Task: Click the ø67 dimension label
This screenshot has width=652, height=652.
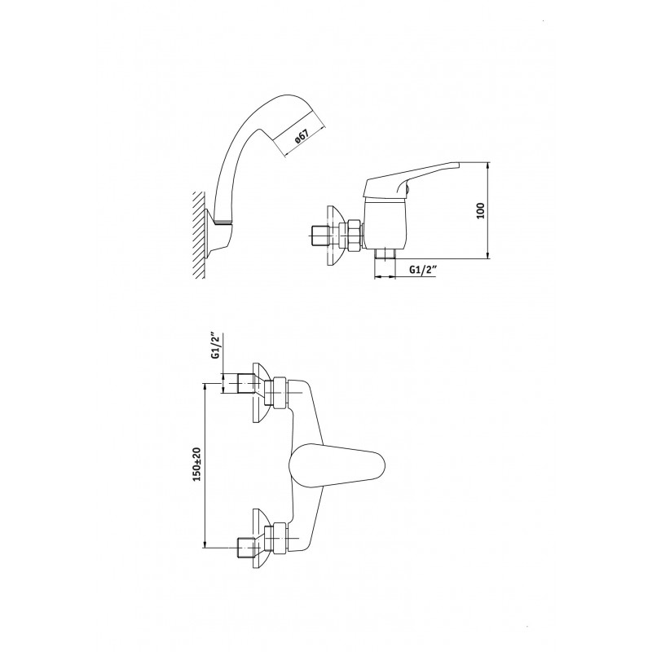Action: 302,137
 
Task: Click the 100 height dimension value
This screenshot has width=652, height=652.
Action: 480,211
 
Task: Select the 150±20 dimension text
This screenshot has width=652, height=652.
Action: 196,465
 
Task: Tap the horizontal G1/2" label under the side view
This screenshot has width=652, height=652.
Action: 422,270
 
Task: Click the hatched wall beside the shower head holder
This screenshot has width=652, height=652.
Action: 199,235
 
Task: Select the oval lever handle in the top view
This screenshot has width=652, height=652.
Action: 337,465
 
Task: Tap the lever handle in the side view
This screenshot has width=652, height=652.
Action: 412,179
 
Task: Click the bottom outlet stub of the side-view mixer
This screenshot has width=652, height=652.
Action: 384,254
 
